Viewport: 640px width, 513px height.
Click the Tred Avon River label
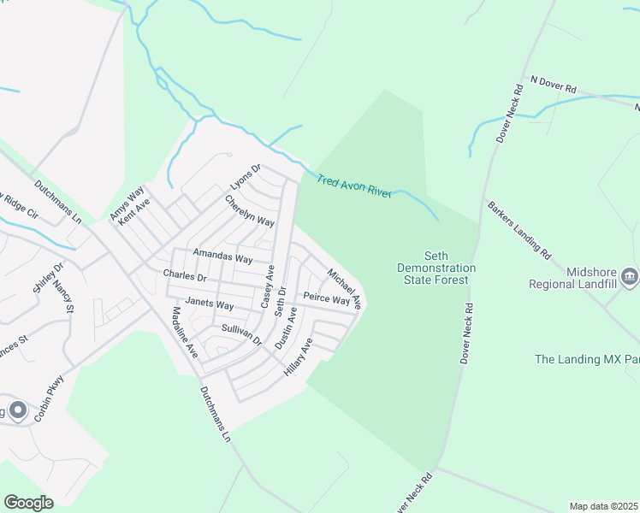tap(354, 186)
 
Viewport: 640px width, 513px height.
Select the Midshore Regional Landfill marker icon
tap(630, 275)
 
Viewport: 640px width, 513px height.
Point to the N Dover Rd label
tap(554, 84)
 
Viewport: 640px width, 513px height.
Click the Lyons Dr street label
tap(245, 178)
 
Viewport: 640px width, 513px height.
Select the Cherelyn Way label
tap(249, 210)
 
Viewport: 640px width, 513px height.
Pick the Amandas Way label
tap(222, 256)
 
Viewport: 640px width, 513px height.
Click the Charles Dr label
tap(185, 276)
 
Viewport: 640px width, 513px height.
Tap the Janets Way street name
tap(210, 304)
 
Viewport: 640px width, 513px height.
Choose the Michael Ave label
tap(345, 288)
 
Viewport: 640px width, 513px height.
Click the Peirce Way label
tap(326, 300)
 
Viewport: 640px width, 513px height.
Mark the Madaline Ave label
tap(185, 333)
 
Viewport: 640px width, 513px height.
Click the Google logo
tap(29, 503)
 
